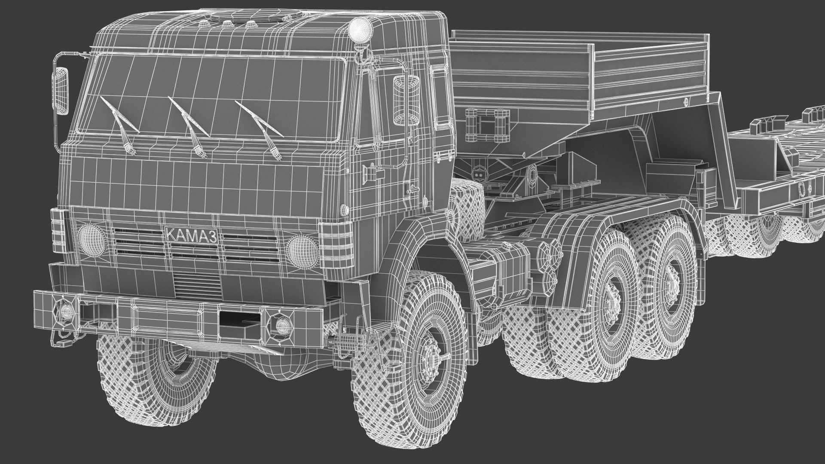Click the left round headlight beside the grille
click(92, 240)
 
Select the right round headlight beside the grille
click(301, 251)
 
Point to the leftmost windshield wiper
click(119, 125)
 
